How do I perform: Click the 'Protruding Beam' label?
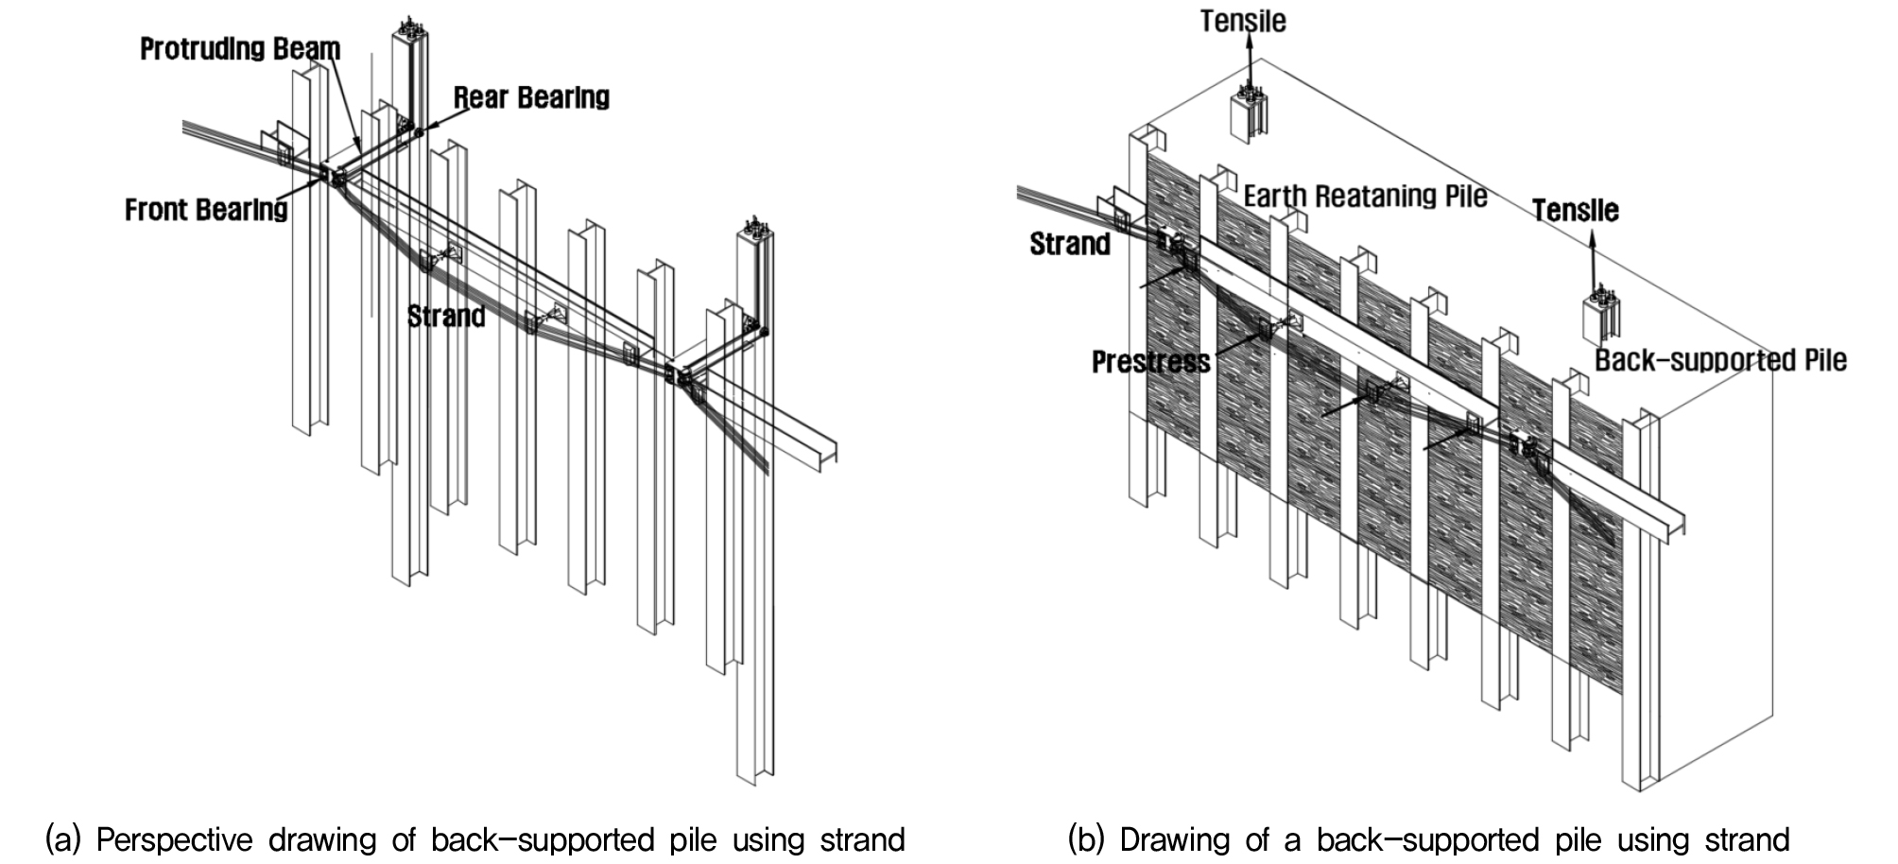tap(240, 49)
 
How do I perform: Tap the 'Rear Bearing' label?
tap(531, 97)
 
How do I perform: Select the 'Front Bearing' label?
tap(206, 209)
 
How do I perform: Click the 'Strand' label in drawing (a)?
tap(446, 316)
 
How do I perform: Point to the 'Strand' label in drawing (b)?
tap(1070, 244)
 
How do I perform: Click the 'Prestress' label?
tap(1151, 362)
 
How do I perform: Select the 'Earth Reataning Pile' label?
tap(1365, 197)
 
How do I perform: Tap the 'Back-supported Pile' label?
tap(1720, 360)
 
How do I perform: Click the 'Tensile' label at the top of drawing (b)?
tap(1243, 21)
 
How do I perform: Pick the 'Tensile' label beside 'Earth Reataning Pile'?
tap(1576, 210)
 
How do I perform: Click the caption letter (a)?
tap(61, 839)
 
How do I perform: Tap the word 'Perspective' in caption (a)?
tap(175, 840)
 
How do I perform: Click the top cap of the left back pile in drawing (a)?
tap(409, 26)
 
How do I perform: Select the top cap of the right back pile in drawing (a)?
tap(754, 227)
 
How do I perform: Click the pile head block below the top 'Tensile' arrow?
tap(1248, 113)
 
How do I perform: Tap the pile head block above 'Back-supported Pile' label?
tap(1600, 318)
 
